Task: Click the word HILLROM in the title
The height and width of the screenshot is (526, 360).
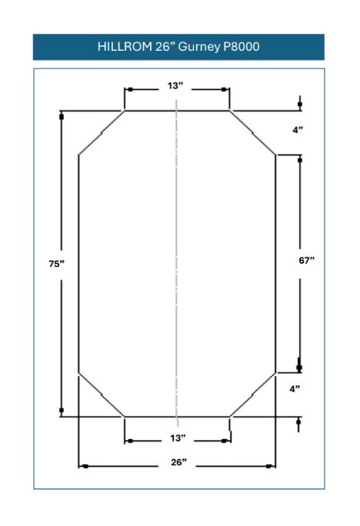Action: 125,47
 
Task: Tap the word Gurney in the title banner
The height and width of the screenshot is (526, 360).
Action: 199,48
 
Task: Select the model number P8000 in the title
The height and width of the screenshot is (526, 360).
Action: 242,47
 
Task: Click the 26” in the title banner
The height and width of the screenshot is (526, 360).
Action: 165,47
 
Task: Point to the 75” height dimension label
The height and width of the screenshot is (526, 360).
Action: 56,264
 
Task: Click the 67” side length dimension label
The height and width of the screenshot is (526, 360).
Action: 307,261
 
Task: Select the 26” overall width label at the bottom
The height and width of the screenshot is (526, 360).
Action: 178,462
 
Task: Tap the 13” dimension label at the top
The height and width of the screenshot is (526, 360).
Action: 175,86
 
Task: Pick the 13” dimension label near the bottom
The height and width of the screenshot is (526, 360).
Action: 178,438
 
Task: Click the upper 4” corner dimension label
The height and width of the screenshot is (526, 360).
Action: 298,130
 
